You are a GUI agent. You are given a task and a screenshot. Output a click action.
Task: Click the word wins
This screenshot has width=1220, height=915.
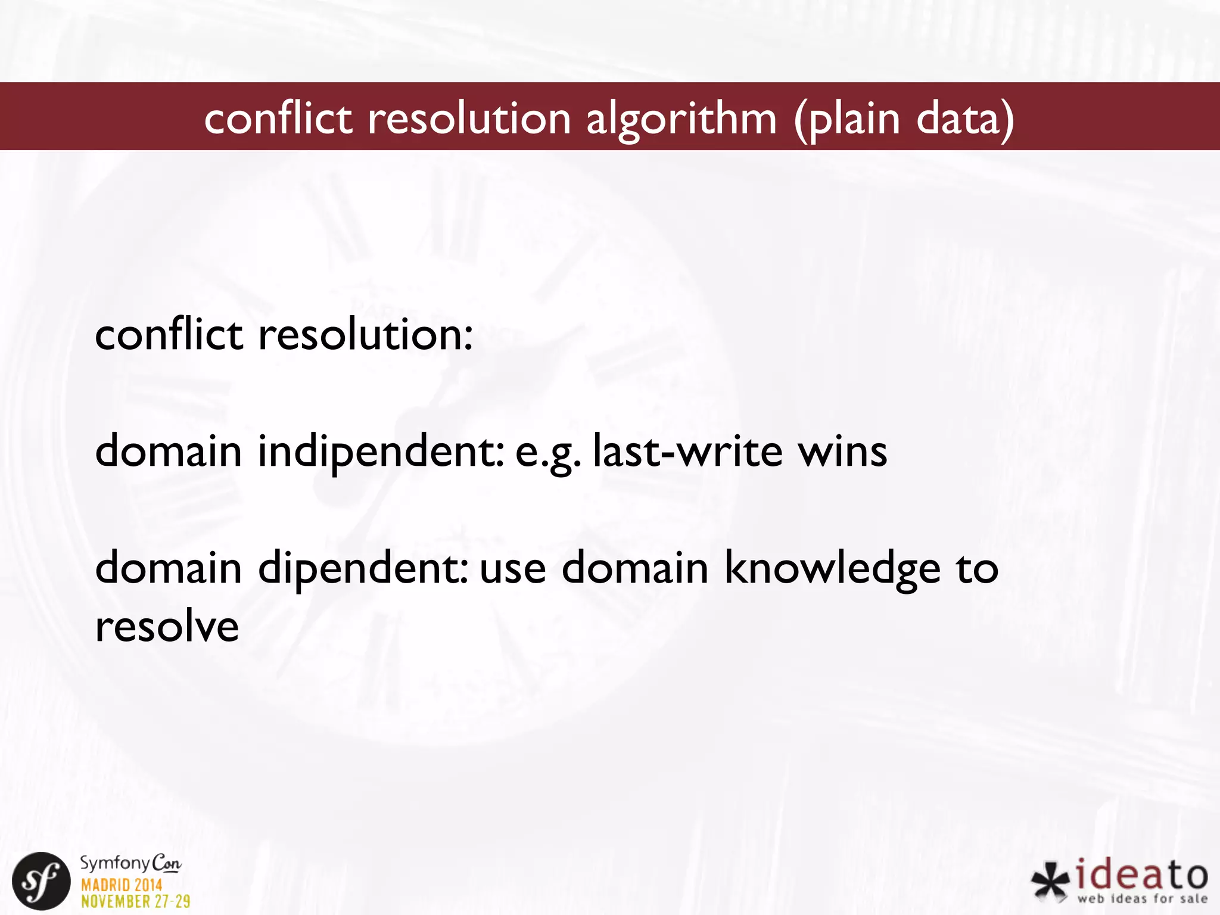click(x=842, y=452)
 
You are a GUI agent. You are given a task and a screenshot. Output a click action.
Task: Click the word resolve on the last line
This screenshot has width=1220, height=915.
click(x=167, y=627)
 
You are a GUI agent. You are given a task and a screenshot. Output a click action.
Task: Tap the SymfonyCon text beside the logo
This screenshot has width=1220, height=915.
click(x=130, y=864)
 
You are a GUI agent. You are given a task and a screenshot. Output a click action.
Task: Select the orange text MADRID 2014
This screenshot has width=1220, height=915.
click(x=122, y=885)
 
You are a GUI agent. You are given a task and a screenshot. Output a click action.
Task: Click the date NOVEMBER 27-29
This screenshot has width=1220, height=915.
click(x=136, y=901)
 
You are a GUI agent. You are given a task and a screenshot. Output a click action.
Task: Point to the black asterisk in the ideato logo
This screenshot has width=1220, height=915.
click(x=1051, y=882)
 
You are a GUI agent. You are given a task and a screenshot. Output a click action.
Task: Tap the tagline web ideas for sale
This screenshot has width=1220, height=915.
click(x=1142, y=898)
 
